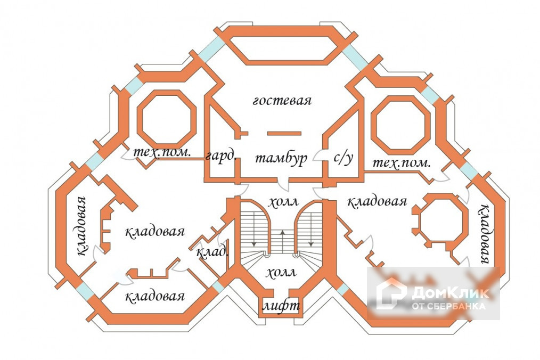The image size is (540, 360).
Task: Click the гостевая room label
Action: (282, 101)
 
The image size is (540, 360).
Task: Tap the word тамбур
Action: (281, 158)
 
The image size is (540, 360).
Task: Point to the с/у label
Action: (343, 158)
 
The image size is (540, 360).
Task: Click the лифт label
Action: (282, 307)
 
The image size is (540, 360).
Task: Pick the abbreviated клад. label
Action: (212, 251)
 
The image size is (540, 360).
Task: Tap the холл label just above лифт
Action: (281, 273)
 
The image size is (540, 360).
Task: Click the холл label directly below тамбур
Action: (282, 202)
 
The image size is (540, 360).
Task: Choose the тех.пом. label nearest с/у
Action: (401, 163)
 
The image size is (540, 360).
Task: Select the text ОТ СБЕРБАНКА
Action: (449, 306)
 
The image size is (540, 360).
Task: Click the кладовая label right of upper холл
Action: (377, 202)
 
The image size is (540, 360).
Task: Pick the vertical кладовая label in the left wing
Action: (80, 226)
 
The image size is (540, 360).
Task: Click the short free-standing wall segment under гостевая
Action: (283, 133)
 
